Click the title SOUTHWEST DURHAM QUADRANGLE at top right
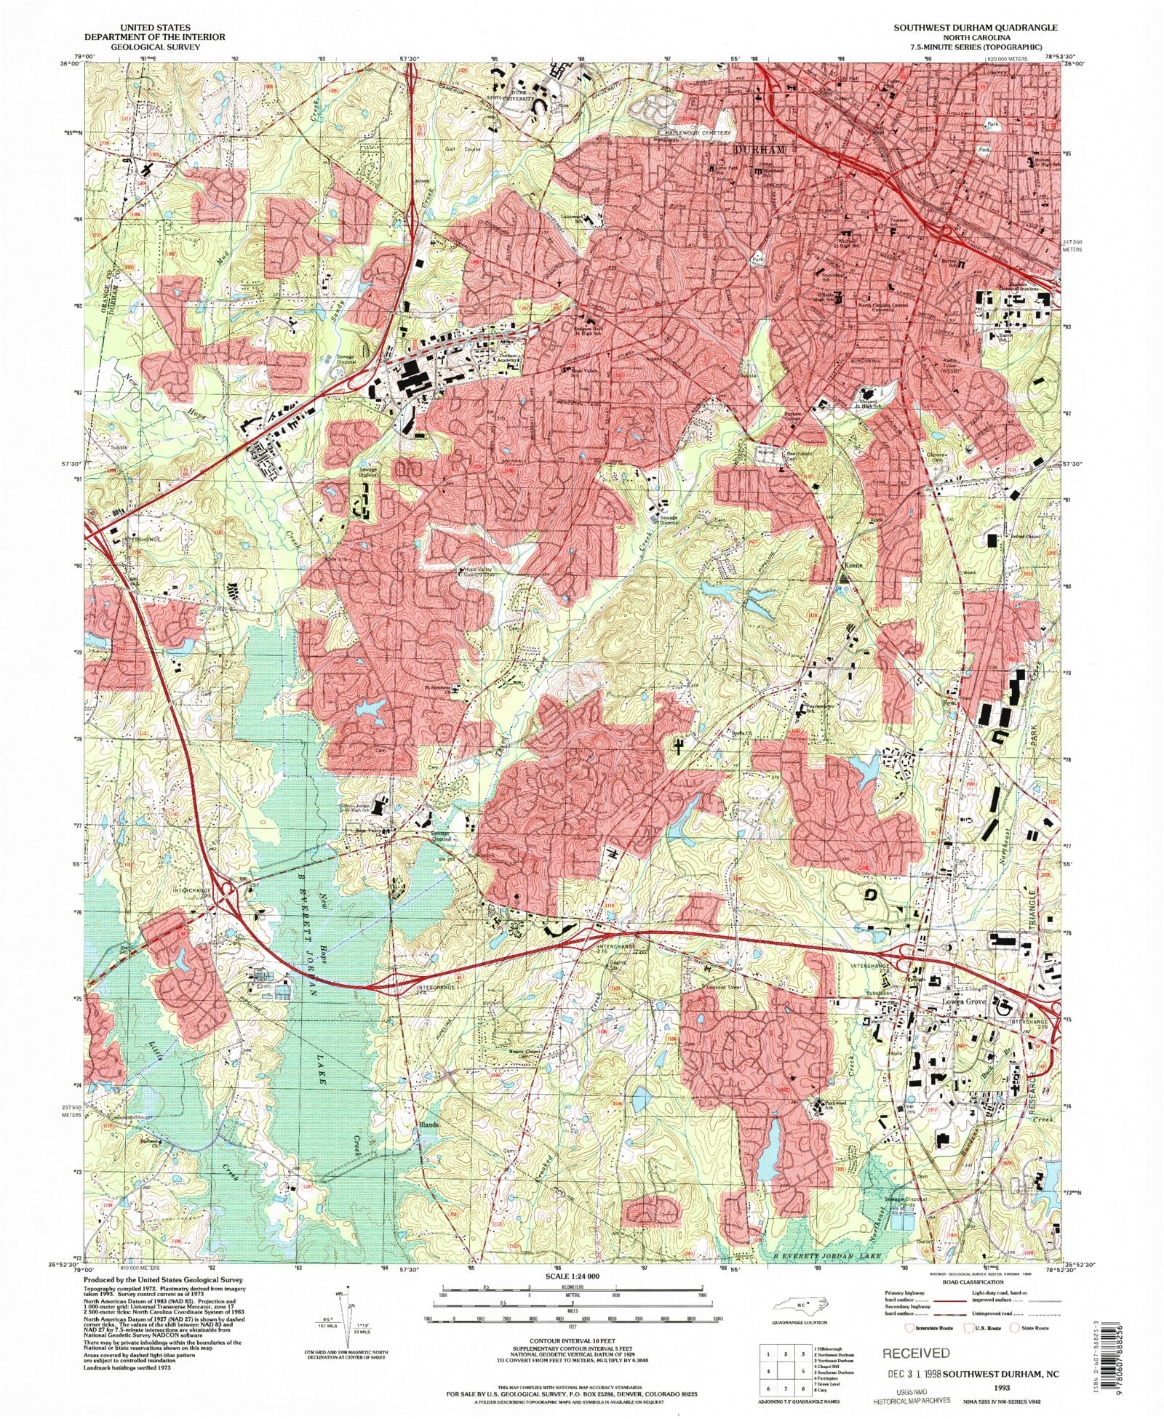click(976, 27)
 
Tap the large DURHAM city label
click(759, 149)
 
